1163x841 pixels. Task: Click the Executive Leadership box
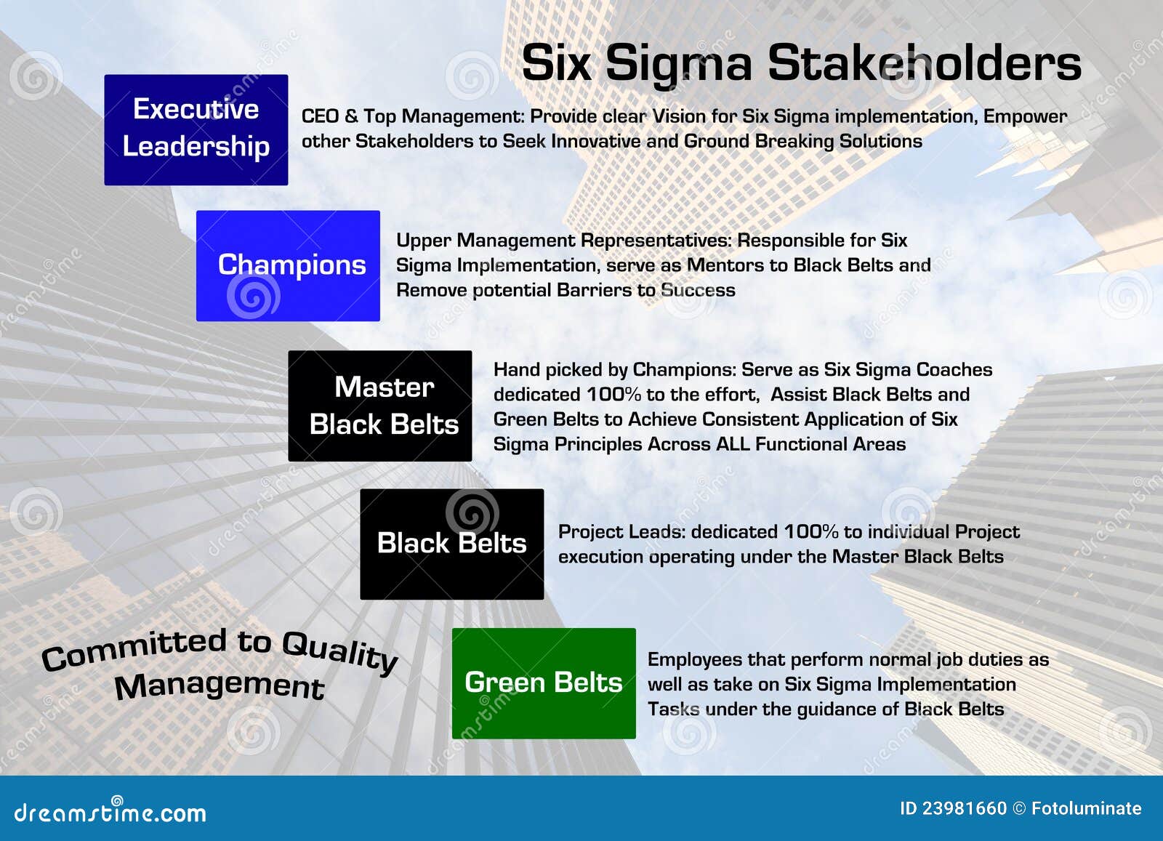[x=196, y=130]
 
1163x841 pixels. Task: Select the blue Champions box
[x=288, y=266]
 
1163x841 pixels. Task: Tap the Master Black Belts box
[x=380, y=406]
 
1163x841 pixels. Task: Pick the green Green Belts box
[x=544, y=683]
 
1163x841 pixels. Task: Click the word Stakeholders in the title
[x=925, y=63]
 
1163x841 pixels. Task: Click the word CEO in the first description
[x=320, y=116]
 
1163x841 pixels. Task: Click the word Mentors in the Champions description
[x=725, y=265]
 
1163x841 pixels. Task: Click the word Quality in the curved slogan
[x=340, y=651]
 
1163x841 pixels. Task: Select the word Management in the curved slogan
[x=220, y=686]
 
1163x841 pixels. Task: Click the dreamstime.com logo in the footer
[x=110, y=810]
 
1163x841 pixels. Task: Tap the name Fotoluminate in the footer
[x=1086, y=808]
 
